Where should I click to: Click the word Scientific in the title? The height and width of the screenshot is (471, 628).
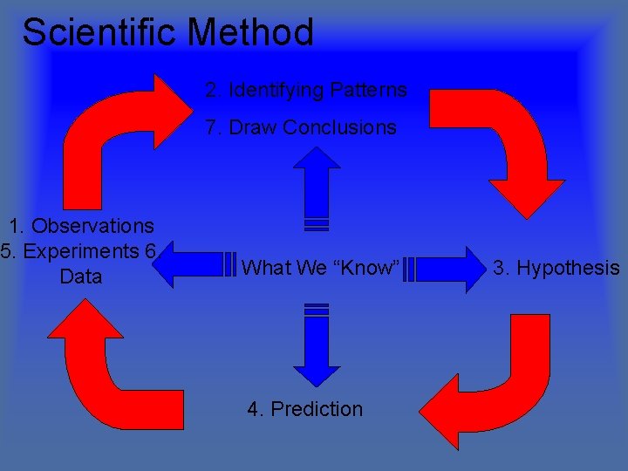[100, 33]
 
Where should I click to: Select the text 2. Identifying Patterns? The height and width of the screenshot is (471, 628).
[306, 90]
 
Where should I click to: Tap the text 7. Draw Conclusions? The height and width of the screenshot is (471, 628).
[301, 127]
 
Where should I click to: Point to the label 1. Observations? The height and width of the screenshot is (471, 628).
[81, 227]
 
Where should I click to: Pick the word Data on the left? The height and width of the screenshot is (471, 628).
[81, 277]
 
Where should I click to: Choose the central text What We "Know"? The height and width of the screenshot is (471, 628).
[320, 268]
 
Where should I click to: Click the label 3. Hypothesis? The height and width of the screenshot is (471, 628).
[556, 268]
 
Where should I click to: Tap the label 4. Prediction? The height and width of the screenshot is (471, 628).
[304, 409]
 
